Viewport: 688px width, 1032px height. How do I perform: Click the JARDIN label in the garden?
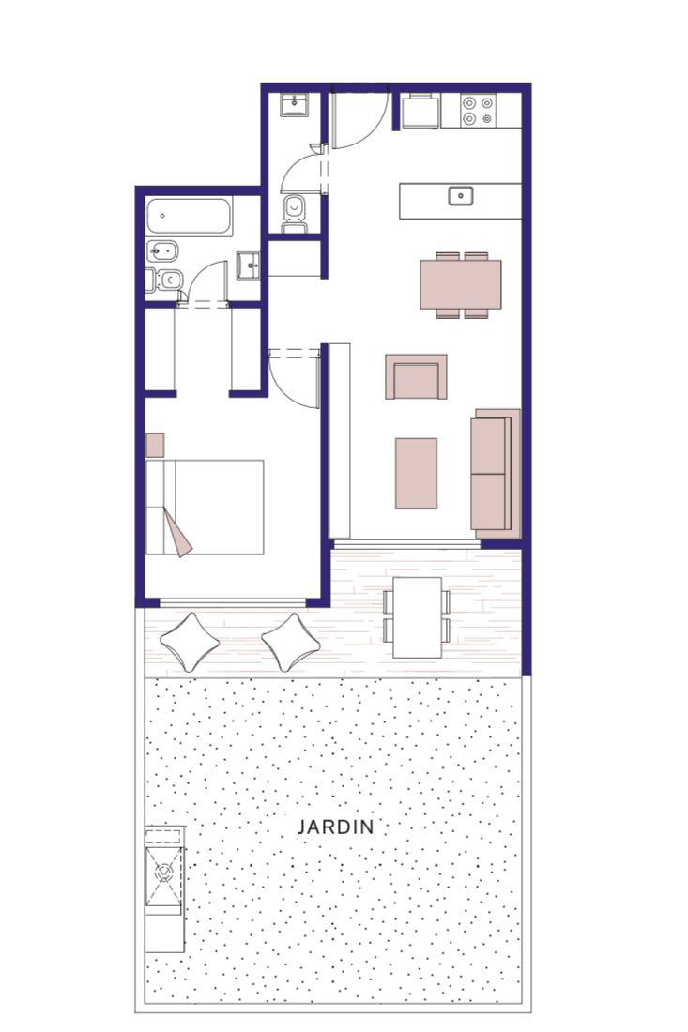[335, 827]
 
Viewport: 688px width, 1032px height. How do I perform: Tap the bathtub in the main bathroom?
[189, 216]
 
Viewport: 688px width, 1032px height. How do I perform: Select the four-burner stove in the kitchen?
[478, 111]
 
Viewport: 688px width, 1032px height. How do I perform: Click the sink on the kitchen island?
[460, 196]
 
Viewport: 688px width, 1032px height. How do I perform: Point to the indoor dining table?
[460, 284]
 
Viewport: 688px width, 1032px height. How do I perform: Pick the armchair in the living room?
[416, 376]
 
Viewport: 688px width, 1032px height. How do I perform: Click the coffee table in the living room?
[416, 473]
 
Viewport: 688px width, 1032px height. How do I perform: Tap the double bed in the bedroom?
[205, 507]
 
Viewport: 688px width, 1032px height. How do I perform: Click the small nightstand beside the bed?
[155, 445]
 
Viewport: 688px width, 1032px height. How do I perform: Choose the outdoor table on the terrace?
[418, 617]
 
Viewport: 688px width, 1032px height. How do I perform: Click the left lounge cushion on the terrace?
[189, 642]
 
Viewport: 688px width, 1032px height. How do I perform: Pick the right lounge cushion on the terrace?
[290, 642]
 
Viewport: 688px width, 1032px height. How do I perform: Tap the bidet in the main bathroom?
[158, 250]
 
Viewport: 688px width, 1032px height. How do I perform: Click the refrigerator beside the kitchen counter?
[420, 112]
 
